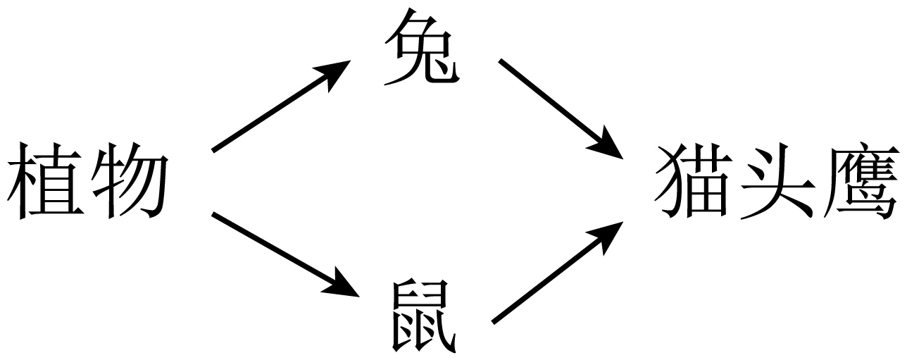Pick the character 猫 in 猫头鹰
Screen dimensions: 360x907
point(694,182)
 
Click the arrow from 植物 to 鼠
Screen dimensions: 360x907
point(282,252)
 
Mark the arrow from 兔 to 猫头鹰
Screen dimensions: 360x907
point(560,108)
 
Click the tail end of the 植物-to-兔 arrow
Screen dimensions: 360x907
point(215,149)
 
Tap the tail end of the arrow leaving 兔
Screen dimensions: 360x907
point(501,62)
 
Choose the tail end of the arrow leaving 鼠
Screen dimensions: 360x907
point(494,322)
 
